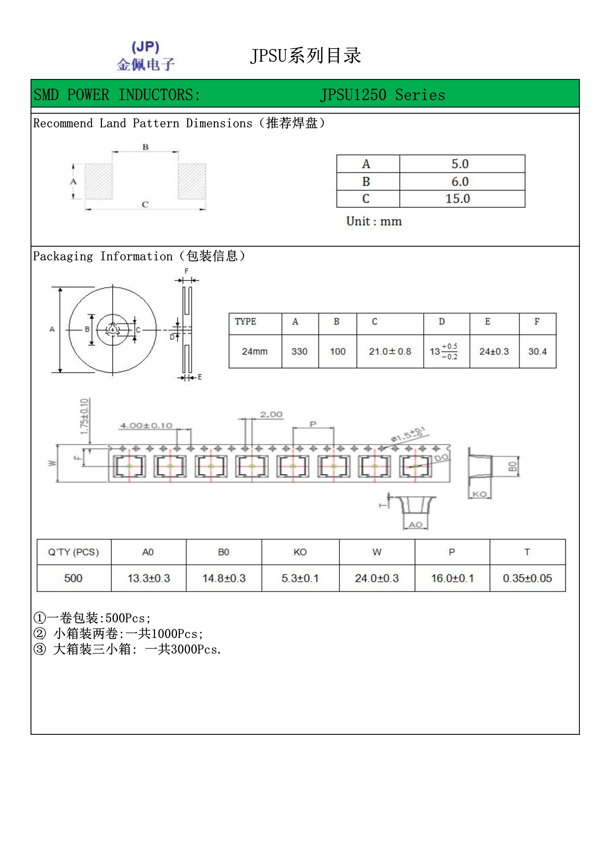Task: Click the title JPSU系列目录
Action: click(x=305, y=56)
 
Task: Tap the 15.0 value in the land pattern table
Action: click(x=458, y=199)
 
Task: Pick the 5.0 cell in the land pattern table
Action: click(x=460, y=164)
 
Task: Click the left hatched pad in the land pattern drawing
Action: click(x=99, y=181)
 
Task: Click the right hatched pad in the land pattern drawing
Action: click(x=192, y=181)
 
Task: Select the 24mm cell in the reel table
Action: click(x=255, y=351)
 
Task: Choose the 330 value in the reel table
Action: click(x=300, y=351)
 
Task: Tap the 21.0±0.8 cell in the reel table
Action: click(x=390, y=351)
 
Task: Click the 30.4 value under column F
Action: click(x=537, y=351)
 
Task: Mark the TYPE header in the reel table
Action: click(x=245, y=322)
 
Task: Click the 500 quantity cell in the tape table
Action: click(x=73, y=578)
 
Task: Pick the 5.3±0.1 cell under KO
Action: click(x=300, y=578)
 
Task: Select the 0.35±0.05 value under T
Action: click(x=527, y=578)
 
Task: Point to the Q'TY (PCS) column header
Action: click(x=73, y=552)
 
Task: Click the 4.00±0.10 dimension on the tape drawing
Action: click(x=146, y=425)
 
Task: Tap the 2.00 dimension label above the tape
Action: click(x=271, y=414)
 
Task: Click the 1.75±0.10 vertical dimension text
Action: click(x=85, y=416)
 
